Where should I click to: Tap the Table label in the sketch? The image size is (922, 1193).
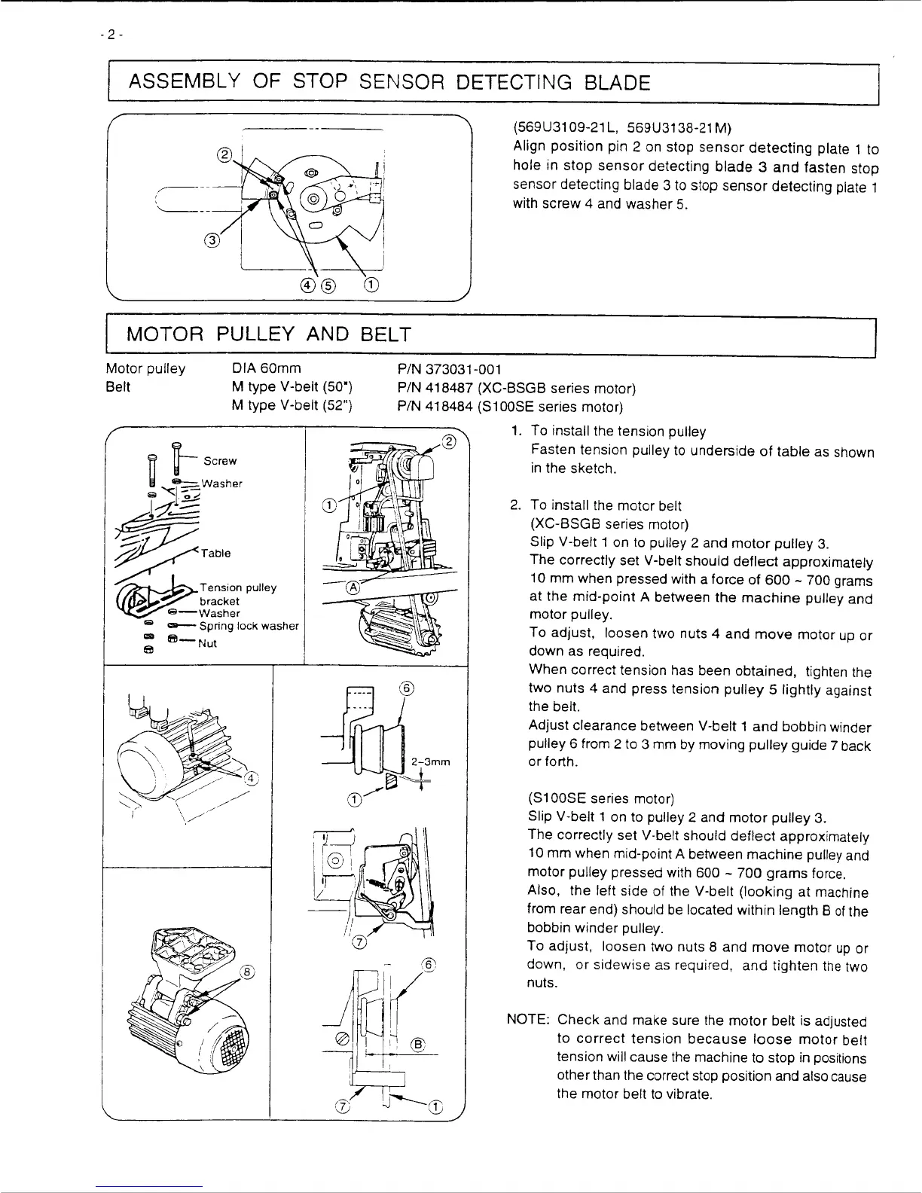pyautogui.click(x=216, y=554)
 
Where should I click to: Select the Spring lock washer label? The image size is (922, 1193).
pyautogui.click(x=249, y=626)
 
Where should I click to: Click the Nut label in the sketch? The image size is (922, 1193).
pyautogui.click(x=207, y=643)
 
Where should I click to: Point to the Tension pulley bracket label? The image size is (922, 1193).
pyautogui.click(x=237, y=594)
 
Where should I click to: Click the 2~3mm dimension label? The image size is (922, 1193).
pyautogui.click(x=432, y=761)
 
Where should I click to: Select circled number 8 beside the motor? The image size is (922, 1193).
pyautogui.click(x=246, y=971)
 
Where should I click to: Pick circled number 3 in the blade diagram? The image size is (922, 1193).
pyautogui.click(x=213, y=241)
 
